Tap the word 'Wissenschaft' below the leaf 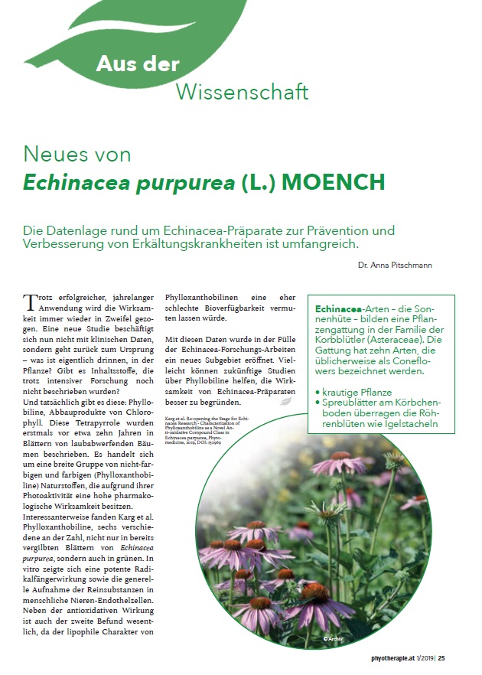click(x=243, y=92)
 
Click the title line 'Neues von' click(x=77, y=154)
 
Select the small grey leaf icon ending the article click(x=285, y=400)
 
